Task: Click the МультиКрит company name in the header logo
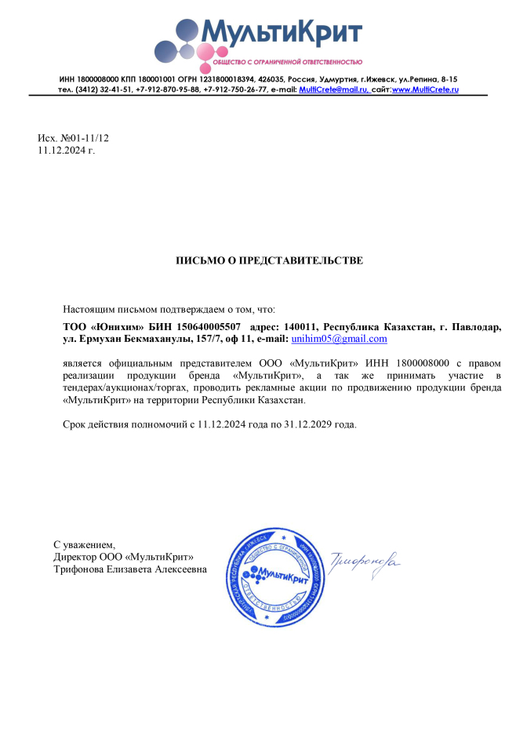click(282, 31)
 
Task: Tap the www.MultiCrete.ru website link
click(425, 90)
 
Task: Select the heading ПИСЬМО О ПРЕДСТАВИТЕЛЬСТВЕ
click(269, 260)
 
